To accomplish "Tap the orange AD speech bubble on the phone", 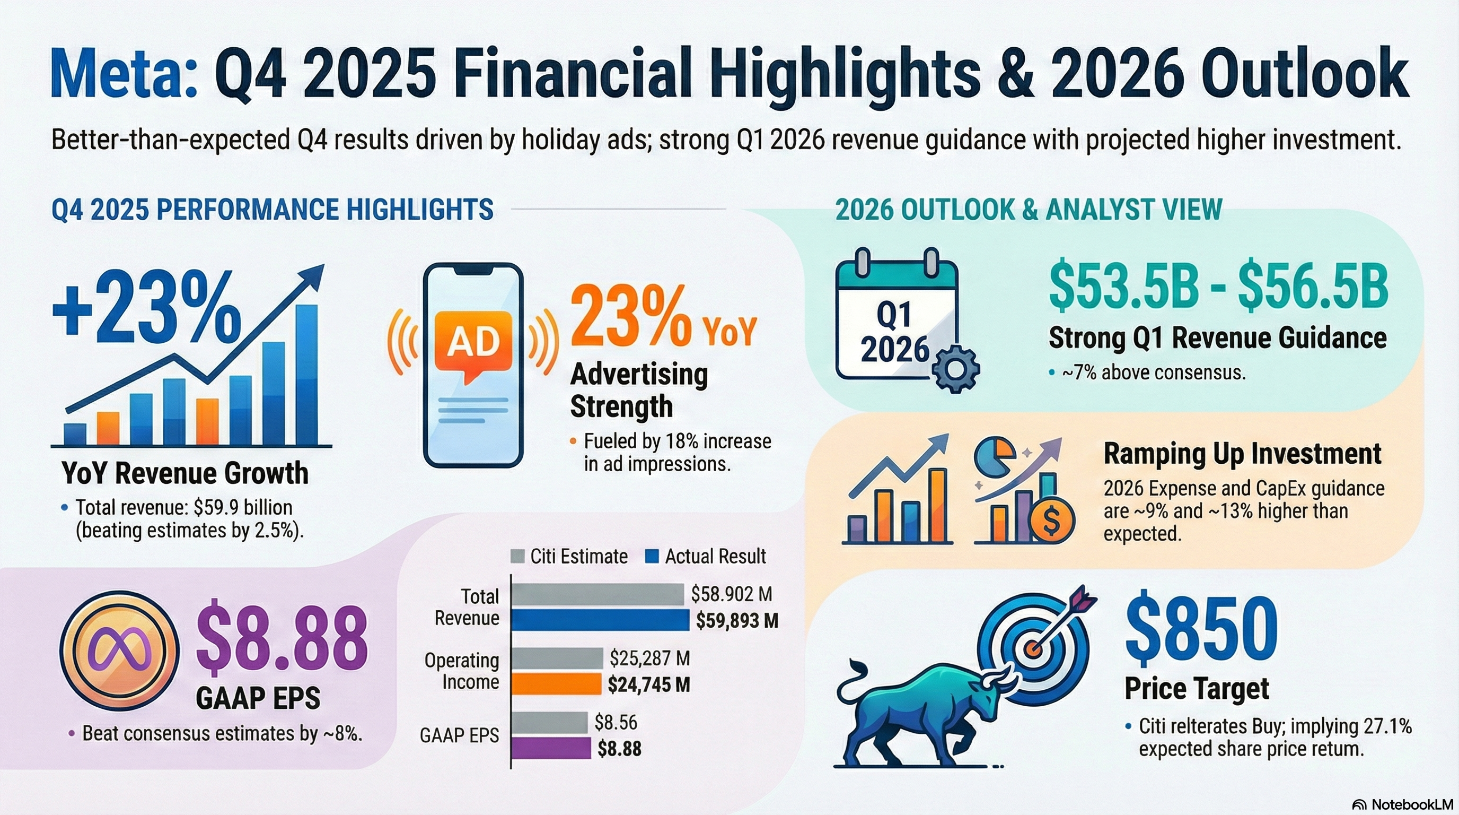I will pyautogui.click(x=473, y=343).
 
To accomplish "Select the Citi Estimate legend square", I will pyautogui.click(x=517, y=557).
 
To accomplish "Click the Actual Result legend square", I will pyautogui.click(x=652, y=557).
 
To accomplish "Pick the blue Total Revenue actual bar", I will pyautogui.click(x=600, y=620).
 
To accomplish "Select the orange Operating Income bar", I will pyautogui.click(x=556, y=684).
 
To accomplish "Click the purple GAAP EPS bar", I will pyautogui.click(x=550, y=748).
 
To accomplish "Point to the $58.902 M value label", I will pyautogui.click(x=732, y=594).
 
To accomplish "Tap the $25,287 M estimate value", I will pyautogui.click(x=649, y=658).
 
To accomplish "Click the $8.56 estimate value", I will pyautogui.click(x=616, y=722).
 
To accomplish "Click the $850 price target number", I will pyautogui.click(x=1201, y=632).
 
